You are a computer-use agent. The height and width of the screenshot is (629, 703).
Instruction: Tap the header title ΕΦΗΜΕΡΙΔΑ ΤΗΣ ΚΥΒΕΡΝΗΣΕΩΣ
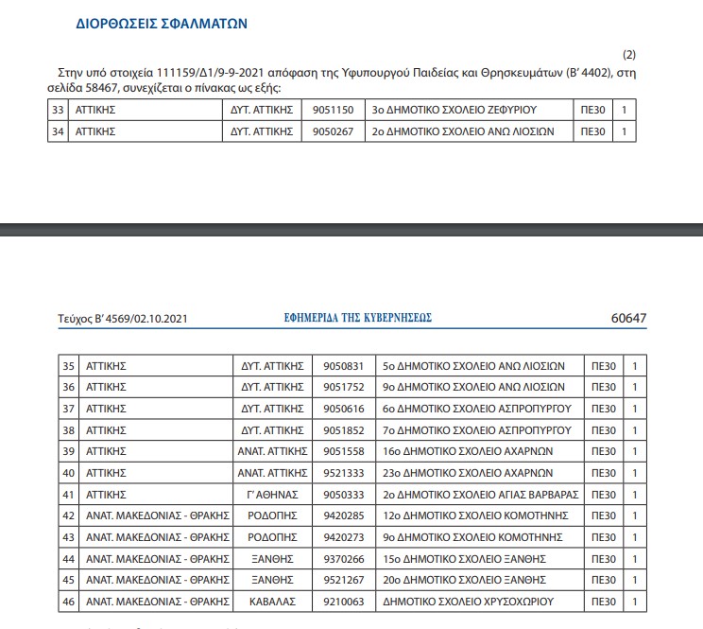click(358, 319)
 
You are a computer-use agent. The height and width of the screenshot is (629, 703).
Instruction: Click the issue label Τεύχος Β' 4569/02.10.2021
click(129, 319)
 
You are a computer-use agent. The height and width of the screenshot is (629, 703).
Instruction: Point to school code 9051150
click(333, 110)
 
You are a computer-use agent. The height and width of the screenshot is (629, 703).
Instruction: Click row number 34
click(59, 131)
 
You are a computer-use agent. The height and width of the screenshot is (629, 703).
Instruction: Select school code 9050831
click(343, 365)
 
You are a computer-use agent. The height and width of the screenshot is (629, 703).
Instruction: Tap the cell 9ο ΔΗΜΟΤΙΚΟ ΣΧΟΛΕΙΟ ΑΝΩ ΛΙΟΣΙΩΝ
click(472, 387)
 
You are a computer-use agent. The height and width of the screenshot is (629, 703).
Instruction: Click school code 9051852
click(343, 429)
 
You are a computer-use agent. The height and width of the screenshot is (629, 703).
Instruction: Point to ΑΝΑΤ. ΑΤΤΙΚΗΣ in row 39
click(272, 451)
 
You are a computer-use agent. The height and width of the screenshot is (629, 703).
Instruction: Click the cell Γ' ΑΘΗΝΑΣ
click(272, 494)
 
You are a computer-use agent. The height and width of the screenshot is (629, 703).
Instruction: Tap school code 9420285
click(343, 515)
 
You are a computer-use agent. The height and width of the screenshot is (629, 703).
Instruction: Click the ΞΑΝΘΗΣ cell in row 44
click(272, 559)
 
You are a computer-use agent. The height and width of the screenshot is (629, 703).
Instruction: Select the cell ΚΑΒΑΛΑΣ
click(272, 602)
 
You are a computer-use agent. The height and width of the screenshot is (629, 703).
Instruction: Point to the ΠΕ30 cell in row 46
click(598, 602)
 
